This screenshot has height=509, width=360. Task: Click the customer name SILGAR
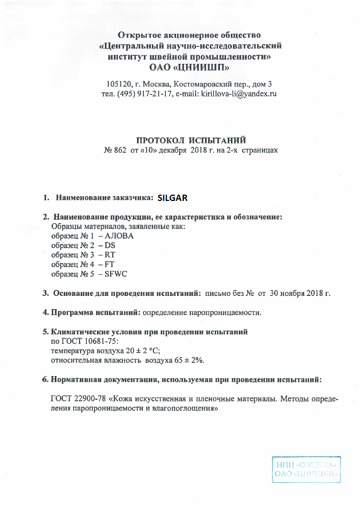click(172, 198)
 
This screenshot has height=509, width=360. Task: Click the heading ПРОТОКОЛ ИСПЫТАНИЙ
click(191, 140)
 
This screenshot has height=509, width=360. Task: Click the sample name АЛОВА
click(120, 236)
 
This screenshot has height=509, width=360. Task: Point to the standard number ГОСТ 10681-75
click(84, 341)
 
